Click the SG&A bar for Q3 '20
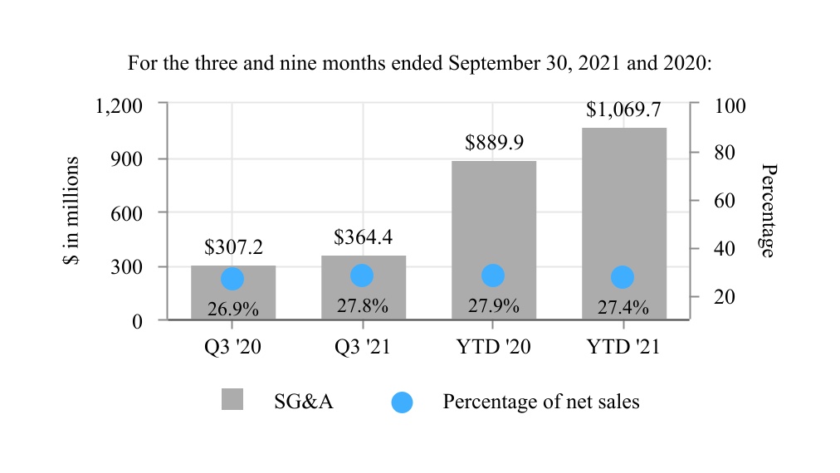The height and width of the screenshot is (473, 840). pos(233,292)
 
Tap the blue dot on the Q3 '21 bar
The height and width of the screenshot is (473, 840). pos(362,276)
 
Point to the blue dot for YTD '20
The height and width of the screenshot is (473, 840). pos(492,276)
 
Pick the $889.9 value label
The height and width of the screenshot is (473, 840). pos(494,143)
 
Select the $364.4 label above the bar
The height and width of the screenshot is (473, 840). pos(363,237)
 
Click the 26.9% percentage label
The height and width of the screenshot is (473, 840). pos(232,310)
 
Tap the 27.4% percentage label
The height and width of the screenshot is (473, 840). pos(623,308)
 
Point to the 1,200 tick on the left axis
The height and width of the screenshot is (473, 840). pos(119,105)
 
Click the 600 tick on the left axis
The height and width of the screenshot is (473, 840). pos(127,213)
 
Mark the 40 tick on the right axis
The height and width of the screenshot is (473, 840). pos(725,249)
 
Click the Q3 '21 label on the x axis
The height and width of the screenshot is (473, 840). pos(362,348)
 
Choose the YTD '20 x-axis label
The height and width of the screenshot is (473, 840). pos(493,348)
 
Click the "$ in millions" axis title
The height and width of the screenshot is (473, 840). pos(71,211)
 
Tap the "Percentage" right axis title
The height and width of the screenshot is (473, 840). pos(769,210)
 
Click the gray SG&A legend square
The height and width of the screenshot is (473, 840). pos(232,399)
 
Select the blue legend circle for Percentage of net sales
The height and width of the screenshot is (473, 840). pos(402,402)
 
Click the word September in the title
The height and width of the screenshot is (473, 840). pos(487,63)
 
